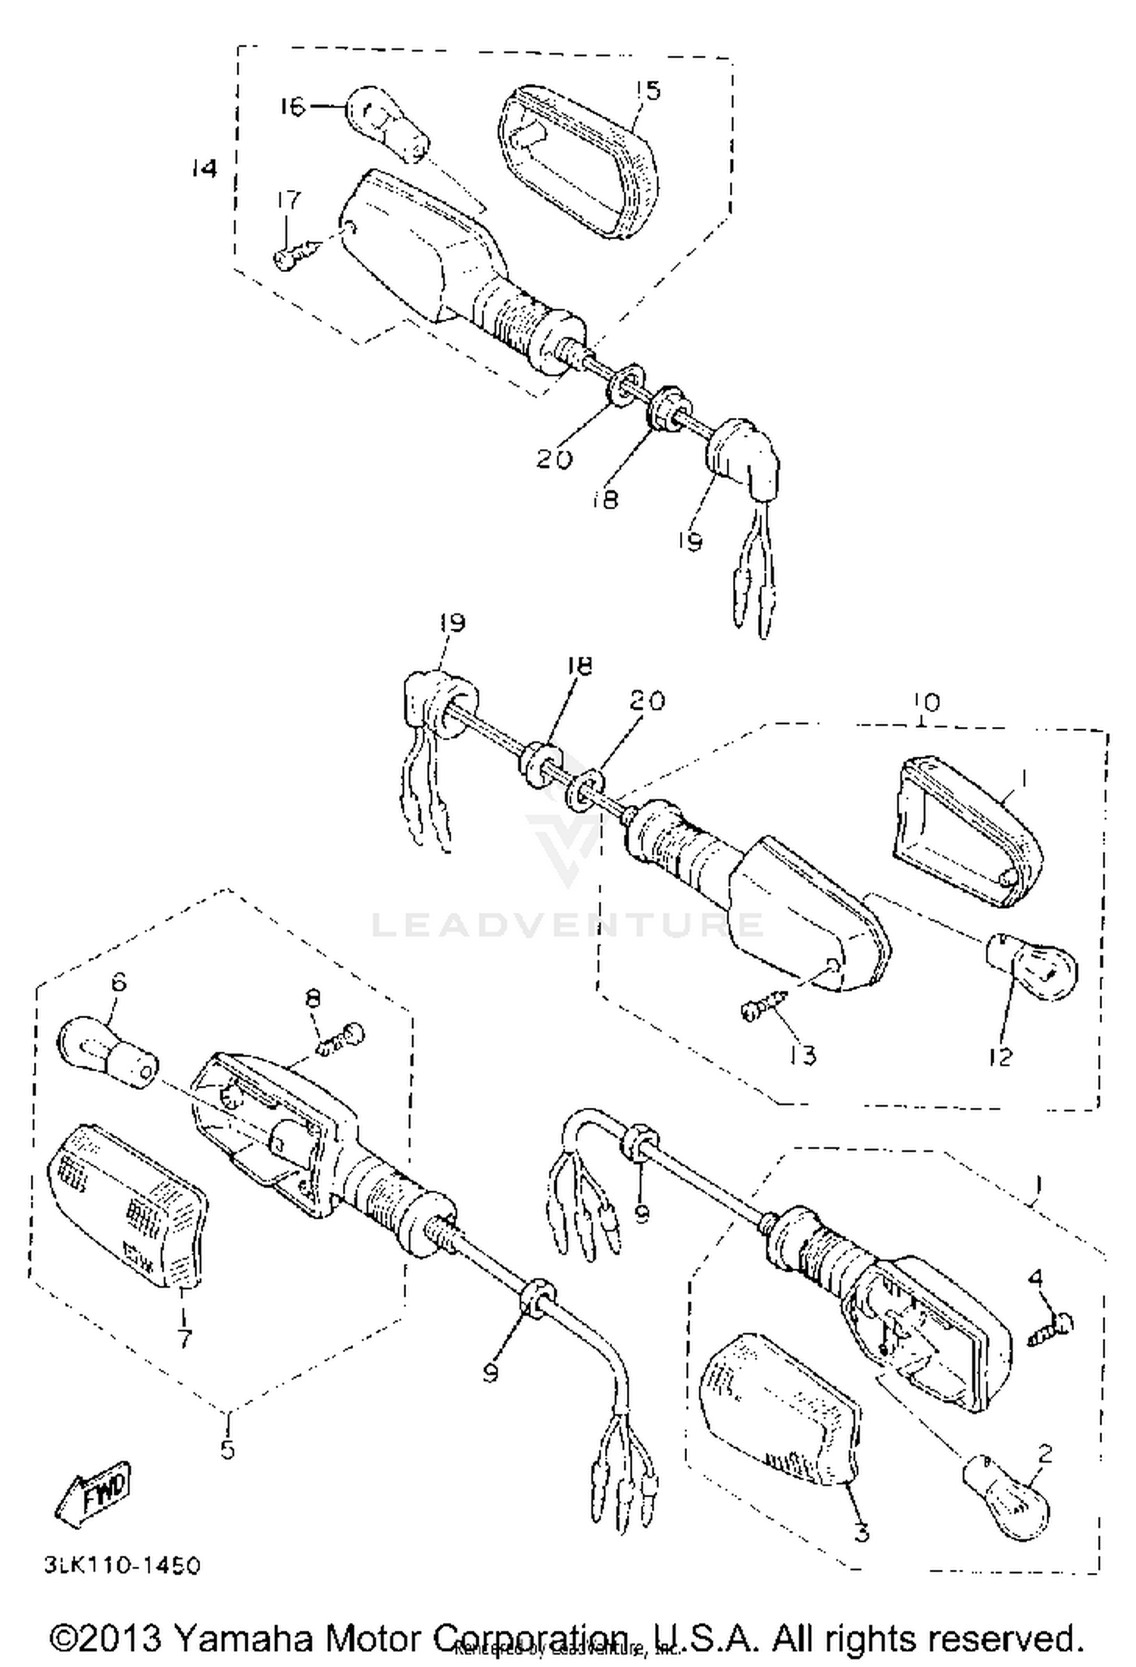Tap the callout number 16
[x=292, y=107]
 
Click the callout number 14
[x=203, y=169]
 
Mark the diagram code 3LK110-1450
[x=122, y=1566]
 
